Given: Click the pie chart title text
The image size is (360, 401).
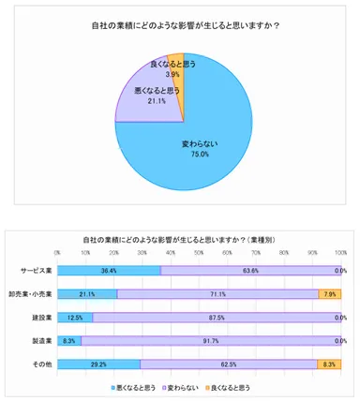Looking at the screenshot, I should pos(180,24).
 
